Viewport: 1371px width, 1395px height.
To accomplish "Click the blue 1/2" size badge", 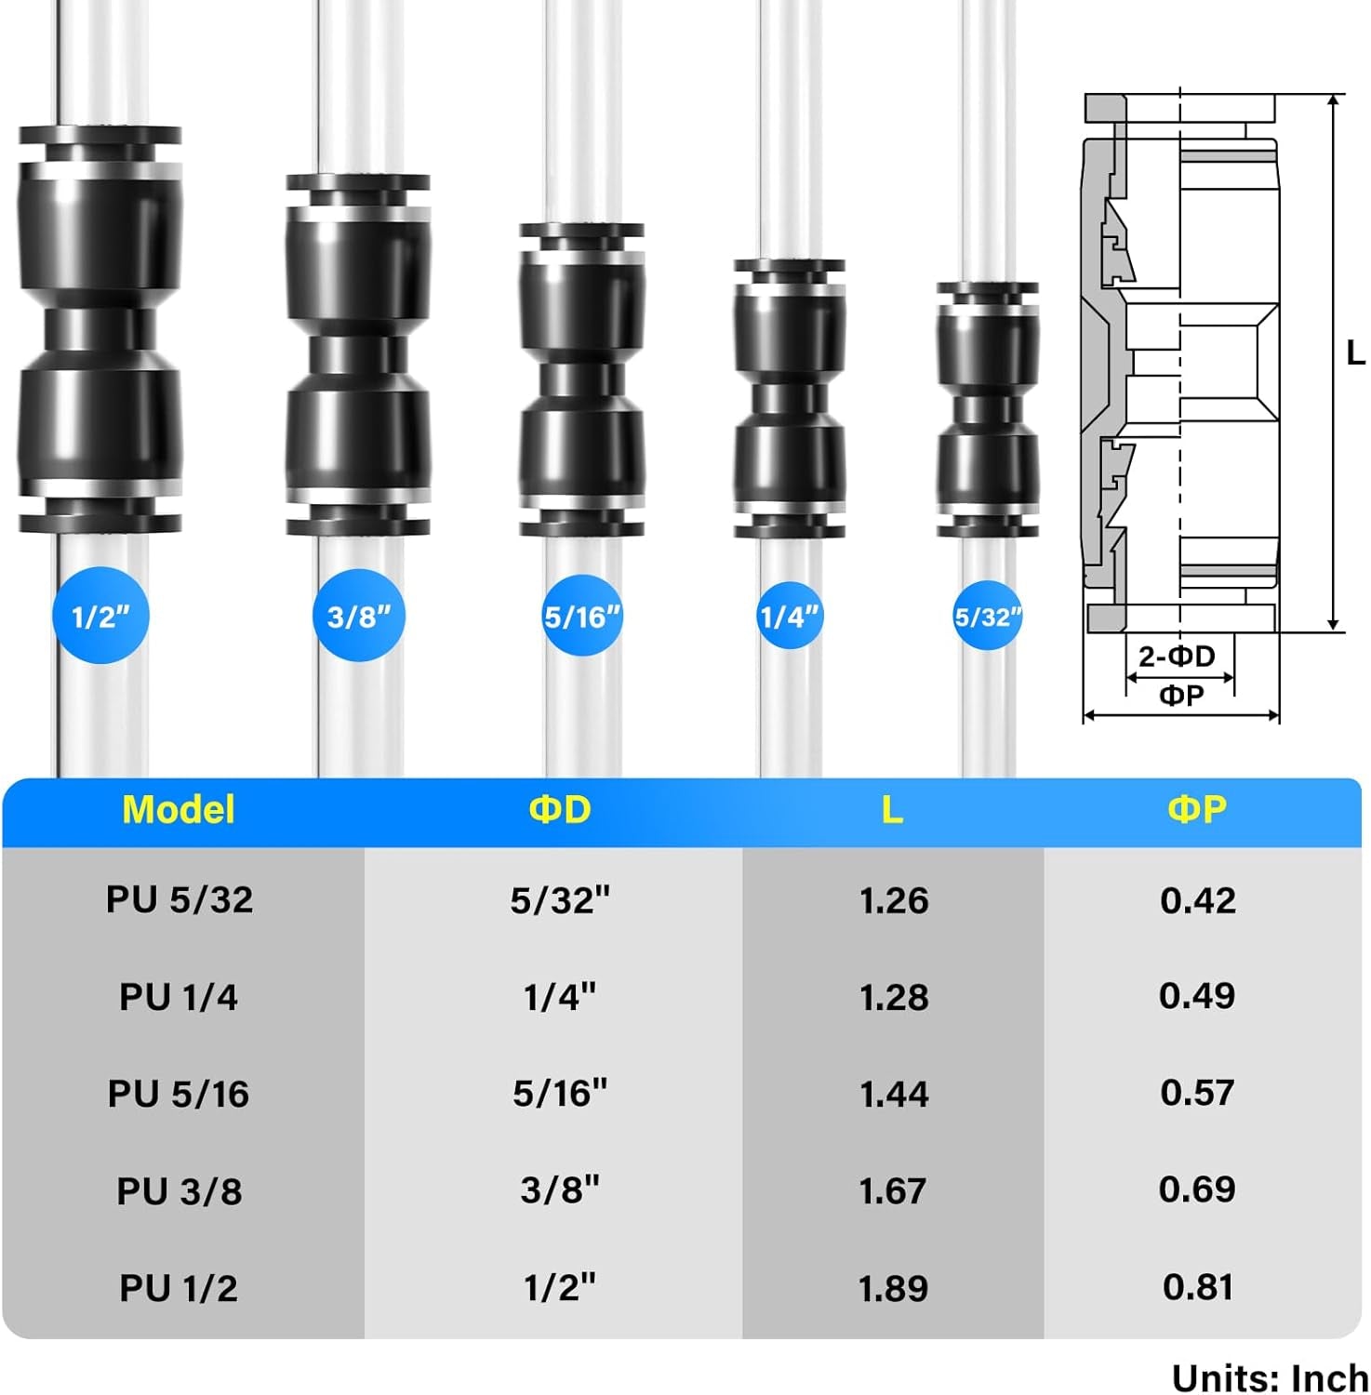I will point(100,616).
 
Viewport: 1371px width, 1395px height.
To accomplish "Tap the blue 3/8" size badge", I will point(359,616).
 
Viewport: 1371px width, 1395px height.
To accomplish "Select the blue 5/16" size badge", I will point(582,616).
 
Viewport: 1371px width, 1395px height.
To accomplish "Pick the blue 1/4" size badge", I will point(789,616).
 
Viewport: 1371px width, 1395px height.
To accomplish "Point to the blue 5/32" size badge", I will point(988,616).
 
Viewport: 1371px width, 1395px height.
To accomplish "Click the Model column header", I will point(179,810).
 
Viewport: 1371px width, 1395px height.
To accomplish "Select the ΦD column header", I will point(560,810).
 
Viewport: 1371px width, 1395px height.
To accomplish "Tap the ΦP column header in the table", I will point(1197,810).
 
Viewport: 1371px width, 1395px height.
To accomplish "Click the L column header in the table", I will point(892,810).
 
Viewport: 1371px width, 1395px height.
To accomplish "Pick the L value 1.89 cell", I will point(893,1288).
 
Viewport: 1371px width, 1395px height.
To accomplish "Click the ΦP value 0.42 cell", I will point(1198,900).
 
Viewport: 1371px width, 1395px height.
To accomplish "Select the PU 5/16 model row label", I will point(179,1094).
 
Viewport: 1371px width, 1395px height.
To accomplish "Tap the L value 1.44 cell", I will point(893,1094).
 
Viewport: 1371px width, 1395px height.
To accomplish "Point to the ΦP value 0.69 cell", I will point(1198,1189).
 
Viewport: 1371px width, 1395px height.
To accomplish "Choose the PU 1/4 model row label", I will point(179,997).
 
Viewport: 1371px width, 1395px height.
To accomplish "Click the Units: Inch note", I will point(1270,1377).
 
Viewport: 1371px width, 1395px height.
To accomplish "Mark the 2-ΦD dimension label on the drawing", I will point(1177,657).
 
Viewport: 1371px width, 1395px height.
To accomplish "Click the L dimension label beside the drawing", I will point(1355,353).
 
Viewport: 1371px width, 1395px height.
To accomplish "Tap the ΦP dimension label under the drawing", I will point(1181,696).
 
